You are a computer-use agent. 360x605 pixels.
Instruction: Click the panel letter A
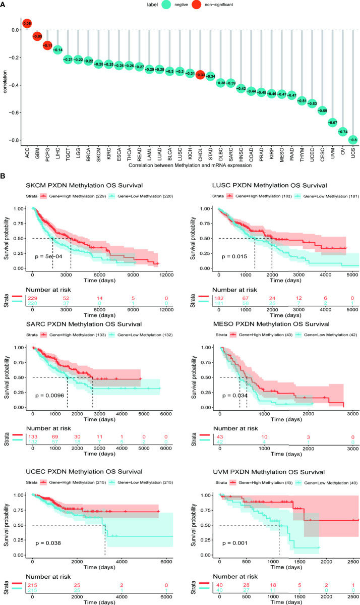(4, 5)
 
